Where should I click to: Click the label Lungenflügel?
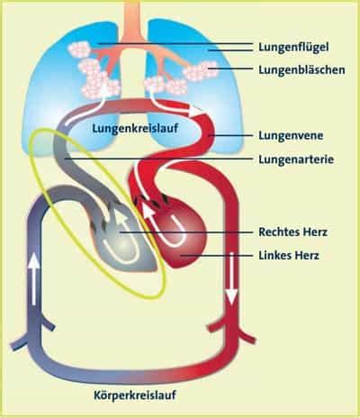point(293,47)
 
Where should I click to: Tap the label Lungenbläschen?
point(301,69)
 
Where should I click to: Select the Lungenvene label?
point(291,135)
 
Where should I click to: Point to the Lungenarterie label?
point(296,159)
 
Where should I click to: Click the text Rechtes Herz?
point(292,232)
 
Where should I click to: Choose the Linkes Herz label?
point(289,256)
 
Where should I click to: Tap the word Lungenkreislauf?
point(135,129)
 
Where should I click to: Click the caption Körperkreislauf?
point(135,395)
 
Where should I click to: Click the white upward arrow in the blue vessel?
point(34,279)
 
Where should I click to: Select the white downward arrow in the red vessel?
point(232,278)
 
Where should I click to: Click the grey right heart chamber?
point(123,241)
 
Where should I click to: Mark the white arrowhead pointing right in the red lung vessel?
point(195,111)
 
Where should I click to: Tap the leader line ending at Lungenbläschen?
point(231,68)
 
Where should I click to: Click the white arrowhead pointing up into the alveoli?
point(104,87)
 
